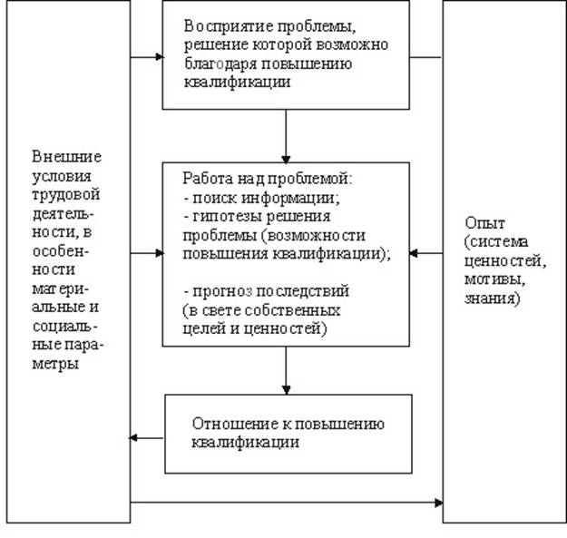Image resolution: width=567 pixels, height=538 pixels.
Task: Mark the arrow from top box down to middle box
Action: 286,136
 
